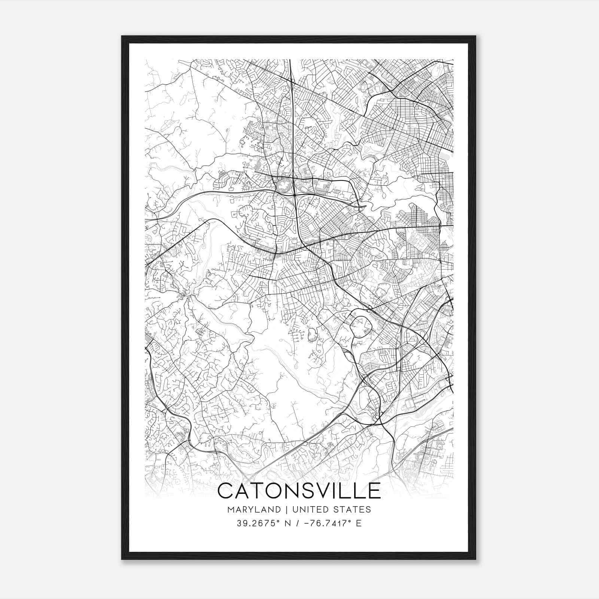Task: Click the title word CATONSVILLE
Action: pyautogui.click(x=299, y=491)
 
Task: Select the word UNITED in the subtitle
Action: pyautogui.click(x=311, y=510)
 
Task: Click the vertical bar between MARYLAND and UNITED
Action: pyautogui.click(x=286, y=510)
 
